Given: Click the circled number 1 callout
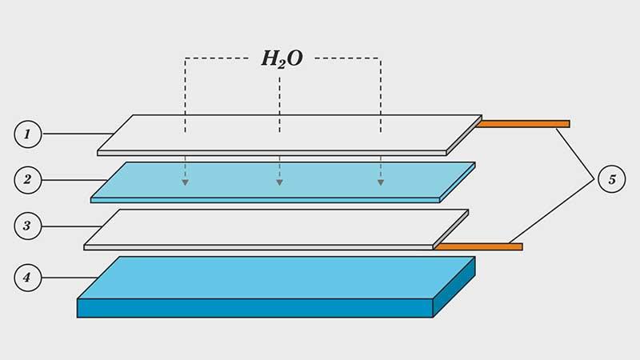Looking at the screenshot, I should click(26, 134).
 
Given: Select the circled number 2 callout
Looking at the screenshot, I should click(26, 179).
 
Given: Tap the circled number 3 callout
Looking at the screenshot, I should click(26, 226).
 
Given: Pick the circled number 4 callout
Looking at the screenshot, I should click(26, 278).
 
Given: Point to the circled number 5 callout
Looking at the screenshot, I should click(612, 179).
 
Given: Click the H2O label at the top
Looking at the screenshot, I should click(282, 59).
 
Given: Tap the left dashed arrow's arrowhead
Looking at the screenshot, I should click(185, 183).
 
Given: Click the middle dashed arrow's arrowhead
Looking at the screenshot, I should click(279, 183).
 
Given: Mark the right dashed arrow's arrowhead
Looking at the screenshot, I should click(381, 183).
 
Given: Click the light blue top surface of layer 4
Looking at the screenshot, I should click(280, 277).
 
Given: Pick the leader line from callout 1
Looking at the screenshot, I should click(76, 134).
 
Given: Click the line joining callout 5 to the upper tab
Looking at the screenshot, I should click(576, 152).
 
